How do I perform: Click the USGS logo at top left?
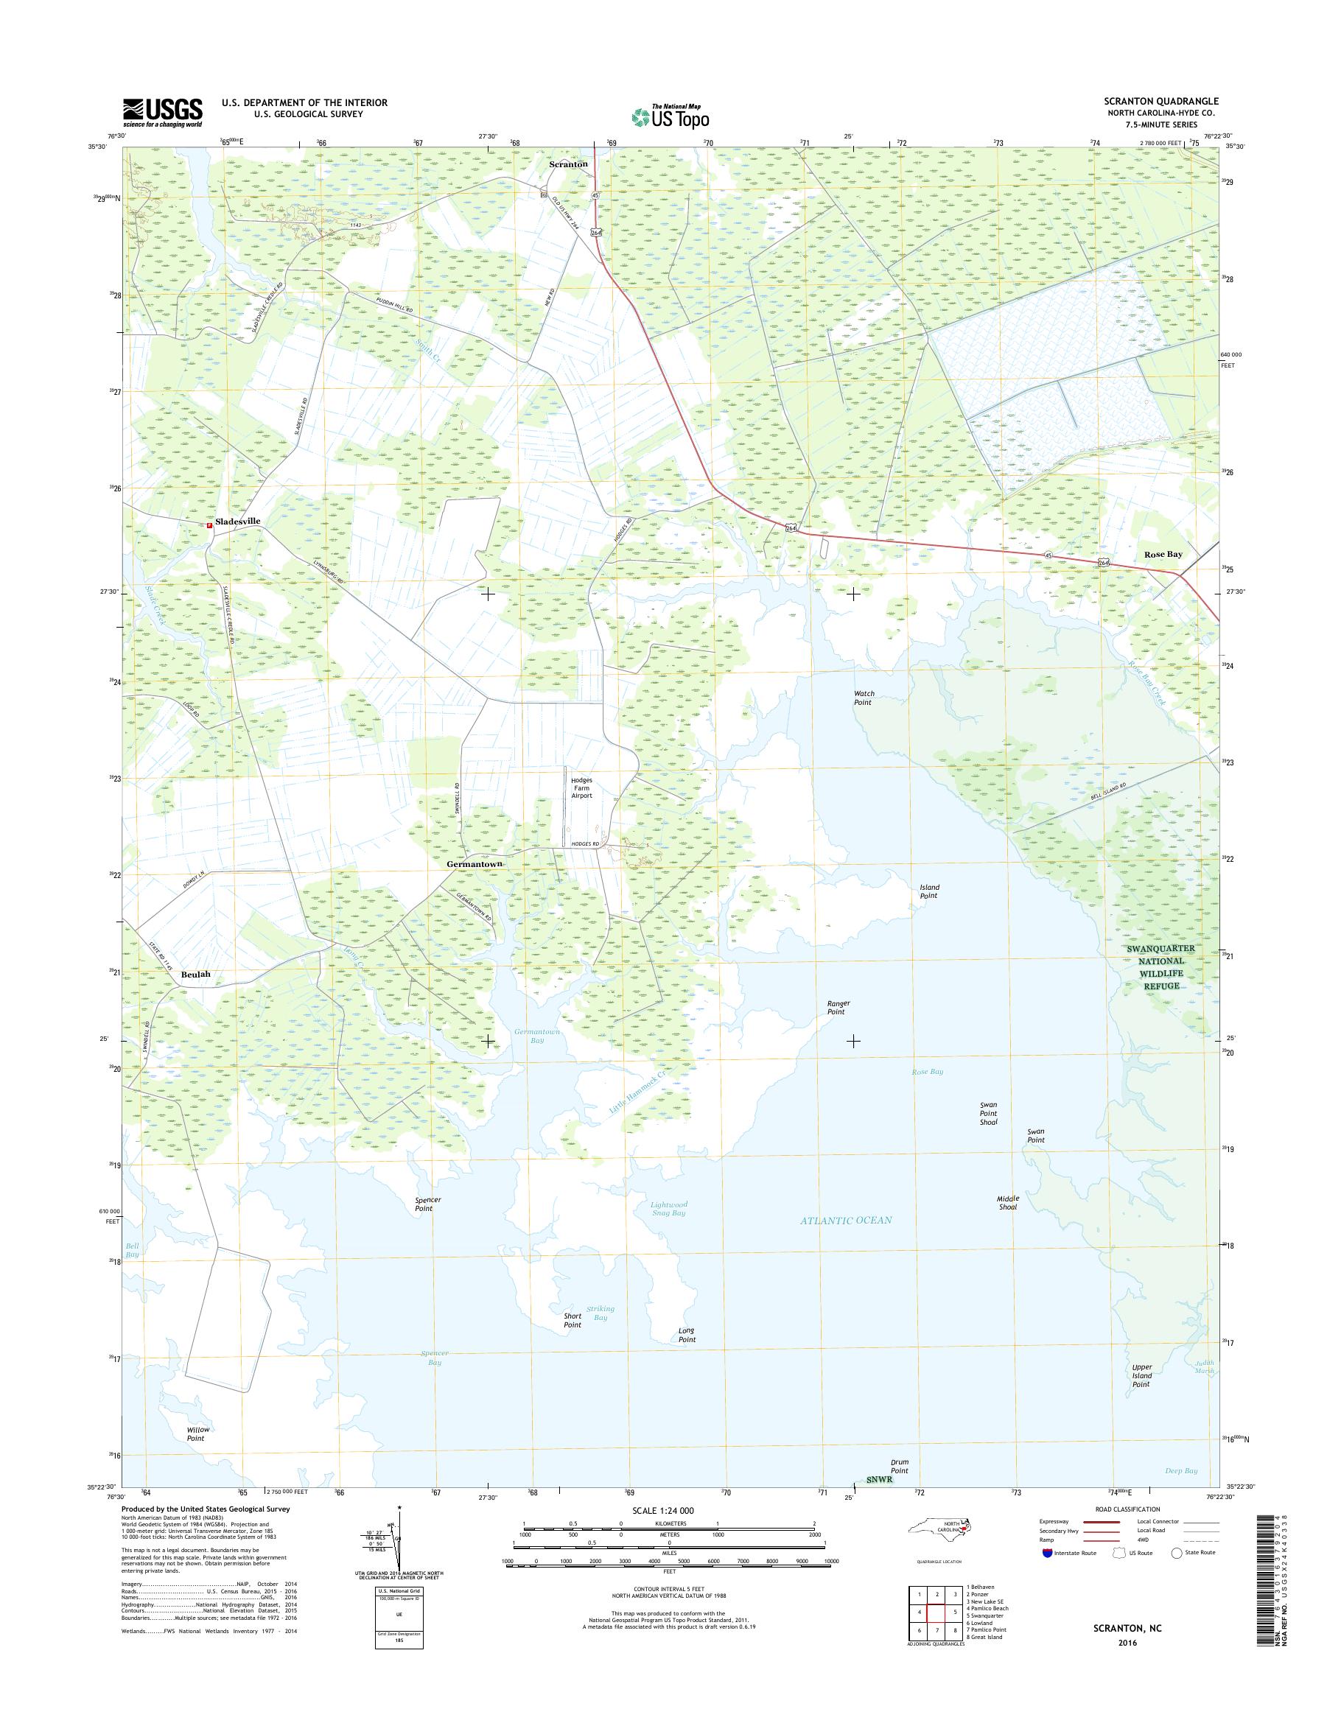tap(163, 113)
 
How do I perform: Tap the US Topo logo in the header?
tap(670, 116)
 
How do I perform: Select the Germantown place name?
tap(475, 863)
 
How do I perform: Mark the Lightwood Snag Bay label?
tap(668, 1208)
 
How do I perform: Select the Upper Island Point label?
tap(1141, 1375)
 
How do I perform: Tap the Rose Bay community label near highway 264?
tap(1163, 554)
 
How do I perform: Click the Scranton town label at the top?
tap(567, 164)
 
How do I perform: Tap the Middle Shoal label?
tap(1007, 1203)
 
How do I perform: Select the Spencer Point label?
tap(428, 1204)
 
